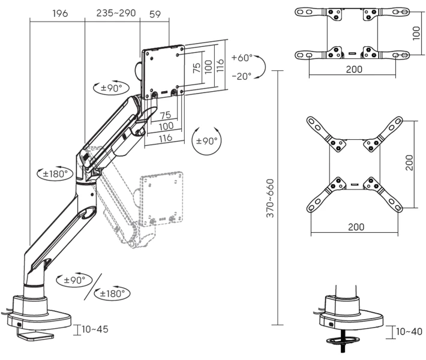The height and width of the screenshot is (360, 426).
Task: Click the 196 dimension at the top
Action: pos(60,13)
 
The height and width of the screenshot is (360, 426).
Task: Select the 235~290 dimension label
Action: pos(116,13)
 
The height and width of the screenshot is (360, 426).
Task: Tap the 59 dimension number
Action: pos(155,14)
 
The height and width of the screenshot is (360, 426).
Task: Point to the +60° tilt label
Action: pos(242,58)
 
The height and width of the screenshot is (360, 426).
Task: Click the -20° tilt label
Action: pos(242,76)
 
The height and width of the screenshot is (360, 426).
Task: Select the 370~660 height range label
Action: pos(270,198)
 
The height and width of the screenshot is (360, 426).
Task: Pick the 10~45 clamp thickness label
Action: pos(95,329)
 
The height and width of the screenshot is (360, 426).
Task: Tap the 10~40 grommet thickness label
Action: pos(409,331)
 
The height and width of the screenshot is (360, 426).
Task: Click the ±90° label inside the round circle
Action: pos(207,141)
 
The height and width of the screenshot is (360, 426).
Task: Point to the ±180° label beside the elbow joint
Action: pos(55,174)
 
